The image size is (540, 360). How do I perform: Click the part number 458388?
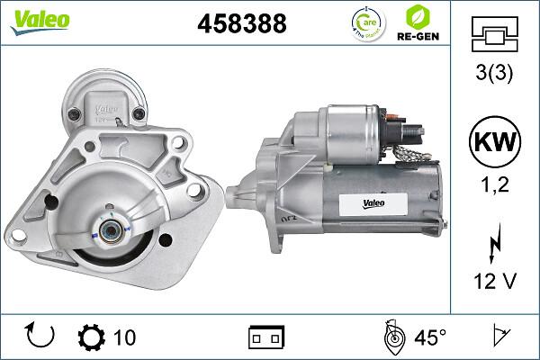point(241,24)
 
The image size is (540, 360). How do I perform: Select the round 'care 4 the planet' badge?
point(370,23)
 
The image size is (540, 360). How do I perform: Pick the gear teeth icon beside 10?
point(93,337)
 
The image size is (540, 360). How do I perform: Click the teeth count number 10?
point(125,337)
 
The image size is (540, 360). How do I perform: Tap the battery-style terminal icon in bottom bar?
point(265,337)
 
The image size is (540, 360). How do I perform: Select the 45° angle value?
point(429,337)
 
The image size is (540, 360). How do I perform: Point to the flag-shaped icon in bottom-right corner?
point(498,337)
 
